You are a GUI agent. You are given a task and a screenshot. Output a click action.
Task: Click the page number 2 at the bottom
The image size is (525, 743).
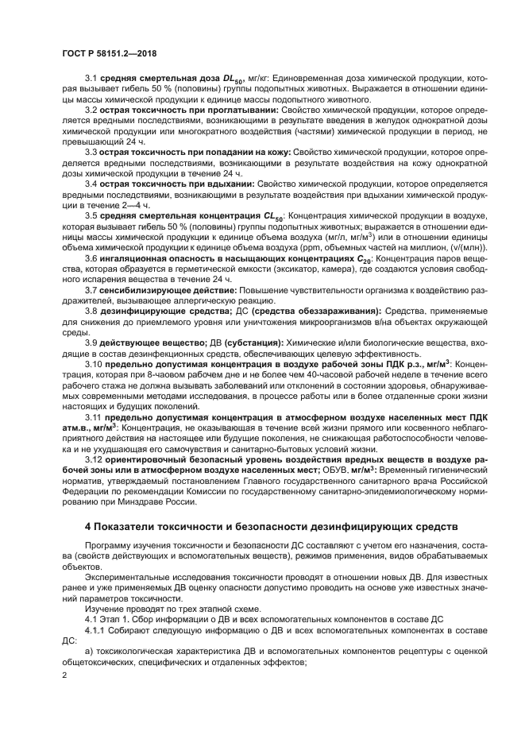tap(64, 675)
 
